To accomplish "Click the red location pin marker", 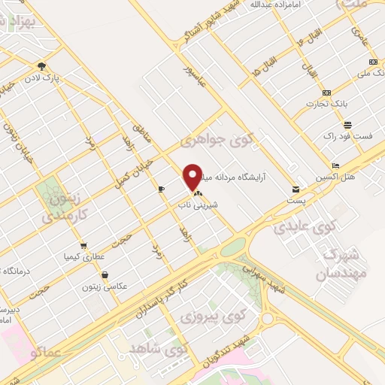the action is point(192,177).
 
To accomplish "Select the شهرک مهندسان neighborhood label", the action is point(346,263).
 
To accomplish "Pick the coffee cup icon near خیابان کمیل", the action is point(161,189).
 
